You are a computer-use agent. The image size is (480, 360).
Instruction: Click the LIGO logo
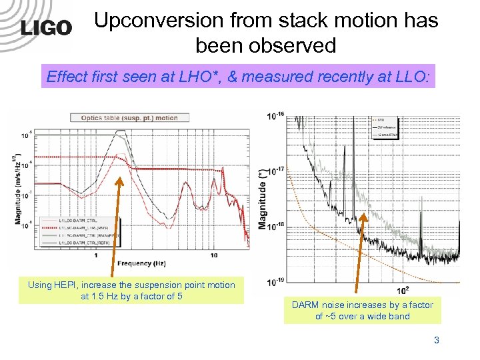click(45, 27)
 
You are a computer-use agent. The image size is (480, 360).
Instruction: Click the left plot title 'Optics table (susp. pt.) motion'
click(129, 118)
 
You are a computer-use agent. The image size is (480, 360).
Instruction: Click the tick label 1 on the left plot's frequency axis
click(97, 255)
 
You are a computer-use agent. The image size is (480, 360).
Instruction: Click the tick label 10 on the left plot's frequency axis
click(214, 255)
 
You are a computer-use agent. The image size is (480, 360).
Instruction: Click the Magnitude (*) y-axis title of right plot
click(261, 198)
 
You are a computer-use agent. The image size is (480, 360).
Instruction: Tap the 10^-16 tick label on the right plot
click(275, 115)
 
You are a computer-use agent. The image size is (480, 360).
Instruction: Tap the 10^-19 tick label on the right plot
click(275, 281)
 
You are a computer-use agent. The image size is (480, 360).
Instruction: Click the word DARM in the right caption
click(307, 305)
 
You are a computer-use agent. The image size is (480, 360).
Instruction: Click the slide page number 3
click(437, 340)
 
